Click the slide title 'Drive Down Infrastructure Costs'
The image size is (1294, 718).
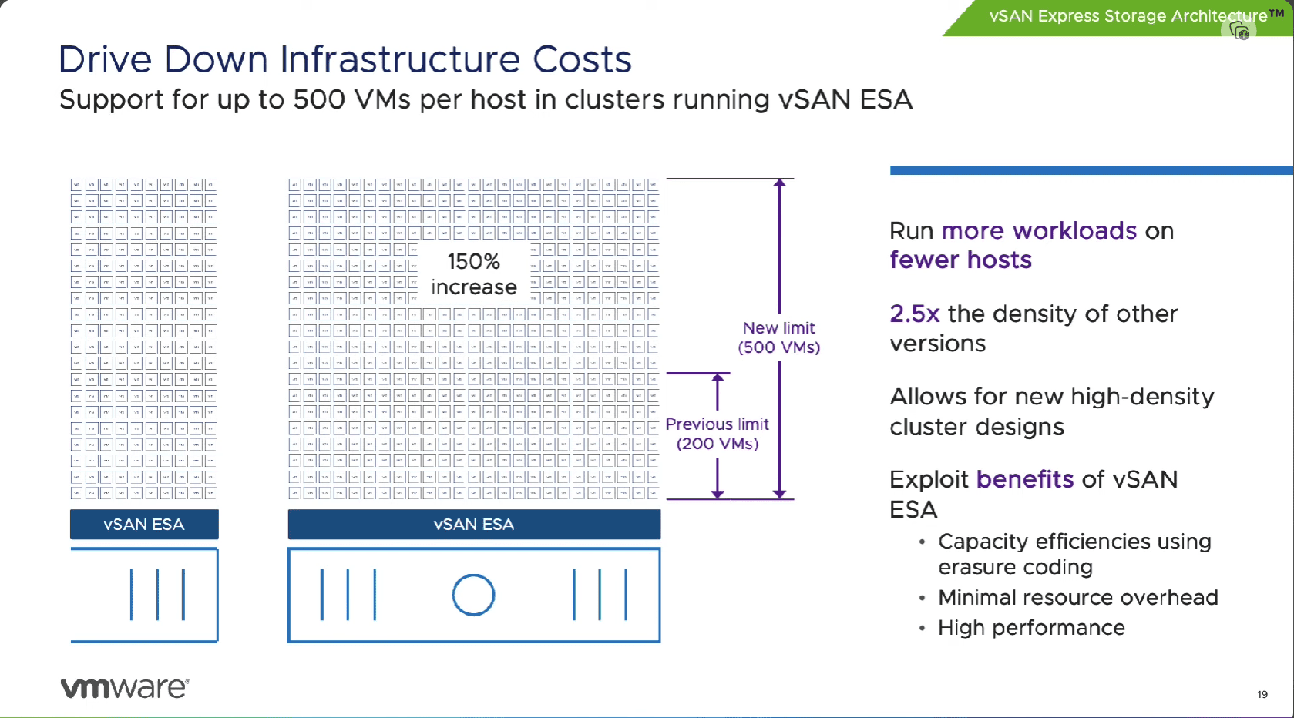tap(345, 59)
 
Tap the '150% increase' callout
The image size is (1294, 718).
tap(473, 274)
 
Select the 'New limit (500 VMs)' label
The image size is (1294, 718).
tap(778, 337)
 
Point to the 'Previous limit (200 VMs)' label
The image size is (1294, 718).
tap(717, 434)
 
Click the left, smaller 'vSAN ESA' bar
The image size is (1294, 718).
tap(144, 525)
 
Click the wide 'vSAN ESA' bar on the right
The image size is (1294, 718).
tap(473, 525)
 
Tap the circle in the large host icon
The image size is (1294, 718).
tap(473, 595)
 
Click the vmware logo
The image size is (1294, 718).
tap(125, 687)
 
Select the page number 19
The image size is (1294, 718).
tap(1262, 694)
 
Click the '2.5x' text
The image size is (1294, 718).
tap(914, 314)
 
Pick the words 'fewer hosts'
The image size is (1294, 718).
tap(960, 260)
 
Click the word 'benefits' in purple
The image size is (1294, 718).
tap(1024, 479)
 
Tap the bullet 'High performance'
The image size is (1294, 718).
tap(1031, 628)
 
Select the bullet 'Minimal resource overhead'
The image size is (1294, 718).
tap(1077, 598)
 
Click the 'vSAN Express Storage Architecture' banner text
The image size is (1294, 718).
tap(1128, 16)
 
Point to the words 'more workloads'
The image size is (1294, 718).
tap(1039, 231)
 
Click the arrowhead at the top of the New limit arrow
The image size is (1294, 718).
tap(780, 183)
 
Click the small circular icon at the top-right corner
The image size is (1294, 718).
tap(1239, 31)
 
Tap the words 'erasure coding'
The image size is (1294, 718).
tap(1015, 568)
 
